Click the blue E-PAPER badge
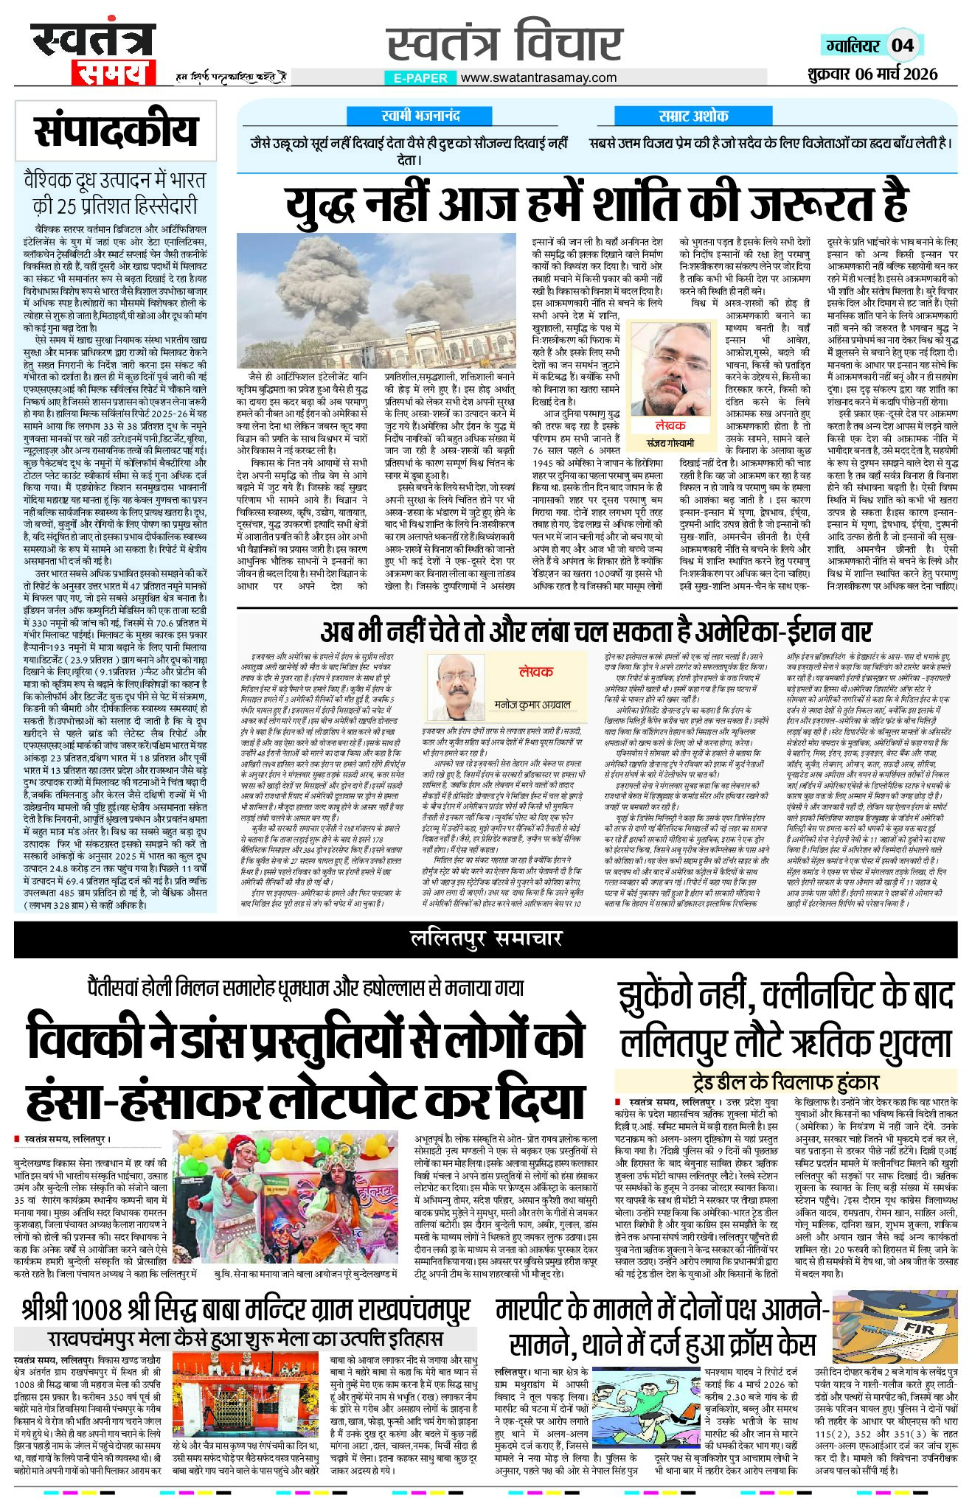pyautogui.click(x=420, y=78)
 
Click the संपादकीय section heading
pyautogui.click(x=117, y=131)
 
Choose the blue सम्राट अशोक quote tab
pyautogui.click(x=693, y=115)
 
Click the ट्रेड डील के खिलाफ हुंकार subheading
pyautogui.click(x=786, y=1081)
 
